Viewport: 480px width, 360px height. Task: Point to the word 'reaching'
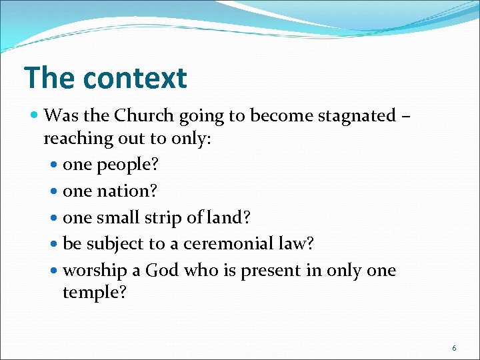(73, 139)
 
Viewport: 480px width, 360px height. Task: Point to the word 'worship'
(93, 271)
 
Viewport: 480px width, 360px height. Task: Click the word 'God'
(162, 271)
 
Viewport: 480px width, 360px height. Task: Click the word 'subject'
(109, 244)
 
